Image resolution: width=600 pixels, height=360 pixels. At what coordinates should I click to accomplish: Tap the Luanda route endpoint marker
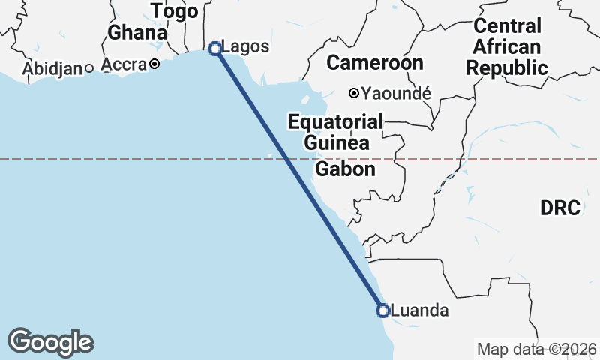[382, 310]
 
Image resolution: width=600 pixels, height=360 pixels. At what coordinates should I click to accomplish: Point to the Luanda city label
[420, 310]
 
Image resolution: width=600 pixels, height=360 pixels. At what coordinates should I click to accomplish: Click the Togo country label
[175, 11]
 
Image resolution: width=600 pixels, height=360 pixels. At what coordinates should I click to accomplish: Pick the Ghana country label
[137, 33]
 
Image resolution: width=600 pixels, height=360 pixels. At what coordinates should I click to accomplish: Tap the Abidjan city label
[52, 69]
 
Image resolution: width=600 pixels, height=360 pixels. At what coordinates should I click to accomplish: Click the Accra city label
[122, 65]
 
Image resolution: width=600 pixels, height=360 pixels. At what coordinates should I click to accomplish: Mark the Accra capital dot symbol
[154, 64]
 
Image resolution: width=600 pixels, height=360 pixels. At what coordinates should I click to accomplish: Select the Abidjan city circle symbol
[88, 68]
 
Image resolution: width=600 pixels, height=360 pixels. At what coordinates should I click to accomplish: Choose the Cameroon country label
[375, 62]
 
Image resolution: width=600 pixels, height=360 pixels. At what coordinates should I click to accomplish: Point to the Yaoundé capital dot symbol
[353, 94]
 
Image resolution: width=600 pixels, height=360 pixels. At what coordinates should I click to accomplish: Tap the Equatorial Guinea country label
[336, 131]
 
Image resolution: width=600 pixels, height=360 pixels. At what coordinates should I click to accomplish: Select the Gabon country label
[345, 169]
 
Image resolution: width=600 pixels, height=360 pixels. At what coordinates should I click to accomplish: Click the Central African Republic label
[507, 47]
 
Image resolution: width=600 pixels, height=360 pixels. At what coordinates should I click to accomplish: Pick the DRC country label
[560, 208]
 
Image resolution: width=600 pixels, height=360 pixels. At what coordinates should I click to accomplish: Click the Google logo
[51, 342]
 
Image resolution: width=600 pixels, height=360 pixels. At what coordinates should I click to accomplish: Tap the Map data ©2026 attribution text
[536, 349]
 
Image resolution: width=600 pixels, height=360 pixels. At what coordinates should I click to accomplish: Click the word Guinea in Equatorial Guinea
[337, 142]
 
